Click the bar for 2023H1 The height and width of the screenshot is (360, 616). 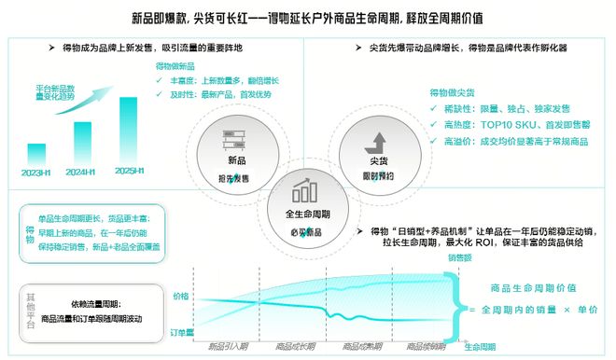tap(36, 154)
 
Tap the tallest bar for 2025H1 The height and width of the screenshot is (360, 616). tap(129, 130)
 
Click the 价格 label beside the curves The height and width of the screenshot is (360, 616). tap(181, 296)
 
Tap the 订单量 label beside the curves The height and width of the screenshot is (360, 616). tap(178, 331)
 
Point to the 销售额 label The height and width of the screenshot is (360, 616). tap(459, 257)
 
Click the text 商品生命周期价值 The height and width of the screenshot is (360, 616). tap(527, 287)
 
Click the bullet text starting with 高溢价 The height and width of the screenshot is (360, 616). tap(503, 141)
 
